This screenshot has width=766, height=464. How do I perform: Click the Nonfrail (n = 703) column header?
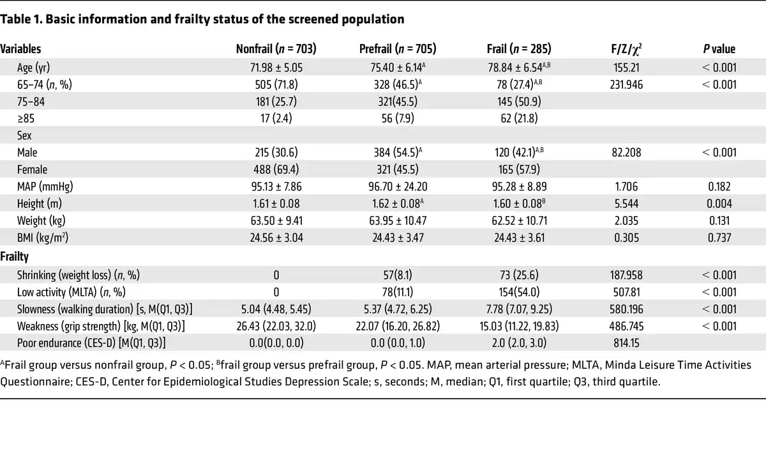(x=276, y=49)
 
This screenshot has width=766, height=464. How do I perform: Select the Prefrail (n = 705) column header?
(x=398, y=49)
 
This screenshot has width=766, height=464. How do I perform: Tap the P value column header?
(x=719, y=49)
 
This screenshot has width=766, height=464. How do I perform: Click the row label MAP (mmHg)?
(x=45, y=187)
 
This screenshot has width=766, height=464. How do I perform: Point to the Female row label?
(x=32, y=169)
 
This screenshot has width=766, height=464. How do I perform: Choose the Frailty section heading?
(x=14, y=256)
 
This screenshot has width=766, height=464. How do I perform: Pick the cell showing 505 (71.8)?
(x=276, y=84)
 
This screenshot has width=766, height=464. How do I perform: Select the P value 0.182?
(x=719, y=187)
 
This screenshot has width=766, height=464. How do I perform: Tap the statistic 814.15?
(x=626, y=343)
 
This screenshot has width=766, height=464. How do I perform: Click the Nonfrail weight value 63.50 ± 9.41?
(x=276, y=221)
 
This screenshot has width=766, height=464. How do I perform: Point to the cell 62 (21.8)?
(x=519, y=118)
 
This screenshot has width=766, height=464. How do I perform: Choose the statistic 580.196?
(x=626, y=309)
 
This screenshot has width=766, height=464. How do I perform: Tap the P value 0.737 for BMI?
(x=719, y=238)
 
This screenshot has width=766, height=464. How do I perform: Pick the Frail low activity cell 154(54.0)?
(x=519, y=292)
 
